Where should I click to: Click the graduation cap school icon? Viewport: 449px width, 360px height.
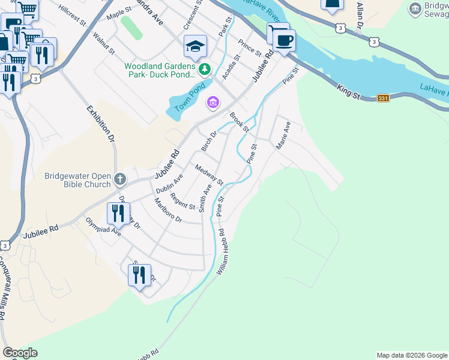[195, 46]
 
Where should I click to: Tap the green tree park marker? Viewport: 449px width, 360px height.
[205, 70]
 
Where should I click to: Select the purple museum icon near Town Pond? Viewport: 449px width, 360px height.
[212, 103]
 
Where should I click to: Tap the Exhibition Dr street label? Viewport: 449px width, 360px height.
[100, 122]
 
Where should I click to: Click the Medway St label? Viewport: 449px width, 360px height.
[209, 174]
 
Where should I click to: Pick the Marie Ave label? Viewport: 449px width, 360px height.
[283, 136]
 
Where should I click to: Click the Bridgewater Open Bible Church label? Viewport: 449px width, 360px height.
[78, 180]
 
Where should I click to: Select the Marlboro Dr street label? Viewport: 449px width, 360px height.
[167, 211]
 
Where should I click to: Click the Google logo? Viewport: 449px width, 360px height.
[20, 353]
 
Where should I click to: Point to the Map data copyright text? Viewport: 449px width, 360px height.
[411, 355]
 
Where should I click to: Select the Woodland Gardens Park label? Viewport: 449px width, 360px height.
[160, 70]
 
